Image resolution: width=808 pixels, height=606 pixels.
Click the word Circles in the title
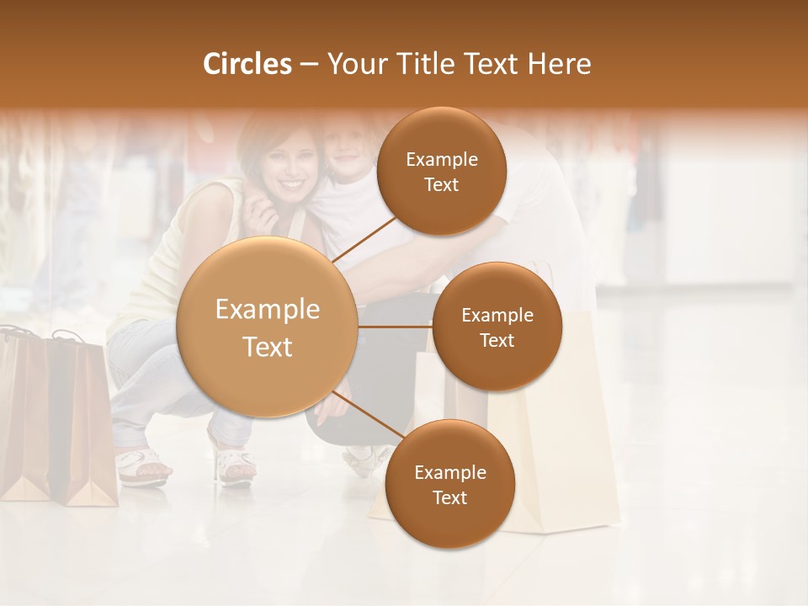tap(247, 64)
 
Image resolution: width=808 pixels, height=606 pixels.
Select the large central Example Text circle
tap(267, 327)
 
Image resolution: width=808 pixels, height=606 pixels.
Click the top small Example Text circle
tap(441, 172)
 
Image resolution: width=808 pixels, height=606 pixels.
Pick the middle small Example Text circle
tap(497, 327)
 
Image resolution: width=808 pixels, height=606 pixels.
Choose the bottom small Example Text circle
tap(449, 485)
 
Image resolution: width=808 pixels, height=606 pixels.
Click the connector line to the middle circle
tap(396, 327)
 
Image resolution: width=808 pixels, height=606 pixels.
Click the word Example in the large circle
tap(267, 310)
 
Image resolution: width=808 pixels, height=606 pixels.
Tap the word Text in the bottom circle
tap(449, 497)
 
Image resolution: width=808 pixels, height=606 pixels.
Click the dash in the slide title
tap(308, 64)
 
